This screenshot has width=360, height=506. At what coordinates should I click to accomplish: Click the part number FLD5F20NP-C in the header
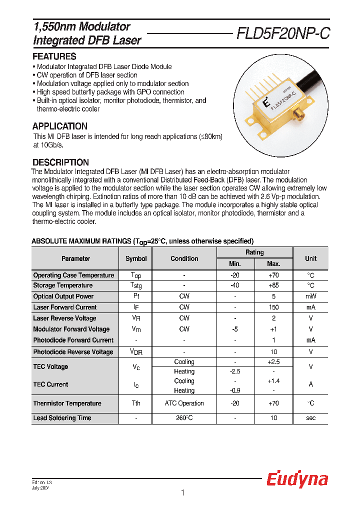[x=282, y=33]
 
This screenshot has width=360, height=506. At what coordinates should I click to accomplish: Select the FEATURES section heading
[x=54, y=56]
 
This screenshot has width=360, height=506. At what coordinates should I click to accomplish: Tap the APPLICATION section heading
[x=60, y=126]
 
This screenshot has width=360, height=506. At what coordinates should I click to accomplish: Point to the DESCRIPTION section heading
[x=60, y=162]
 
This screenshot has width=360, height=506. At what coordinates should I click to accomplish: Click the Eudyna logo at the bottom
[x=296, y=479]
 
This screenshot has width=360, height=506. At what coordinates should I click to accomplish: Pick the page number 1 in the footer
[x=182, y=493]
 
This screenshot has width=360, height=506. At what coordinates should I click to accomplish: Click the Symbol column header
[x=136, y=258]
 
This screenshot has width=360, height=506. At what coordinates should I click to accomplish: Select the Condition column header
[x=184, y=258]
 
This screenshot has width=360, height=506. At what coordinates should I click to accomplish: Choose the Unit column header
[x=310, y=258]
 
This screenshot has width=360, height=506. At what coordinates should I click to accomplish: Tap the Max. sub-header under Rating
[x=273, y=264]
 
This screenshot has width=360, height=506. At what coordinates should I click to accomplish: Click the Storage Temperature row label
[x=63, y=285]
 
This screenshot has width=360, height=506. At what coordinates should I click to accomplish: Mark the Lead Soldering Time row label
[x=62, y=418]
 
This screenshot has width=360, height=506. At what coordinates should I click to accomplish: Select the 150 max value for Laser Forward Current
[x=273, y=307]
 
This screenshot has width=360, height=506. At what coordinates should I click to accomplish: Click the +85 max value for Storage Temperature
[x=273, y=285]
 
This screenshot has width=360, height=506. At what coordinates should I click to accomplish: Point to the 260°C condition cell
[x=184, y=418]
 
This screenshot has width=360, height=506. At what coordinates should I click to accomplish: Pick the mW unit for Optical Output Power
[x=310, y=296]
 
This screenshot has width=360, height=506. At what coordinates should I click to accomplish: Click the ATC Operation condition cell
[x=184, y=403]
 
